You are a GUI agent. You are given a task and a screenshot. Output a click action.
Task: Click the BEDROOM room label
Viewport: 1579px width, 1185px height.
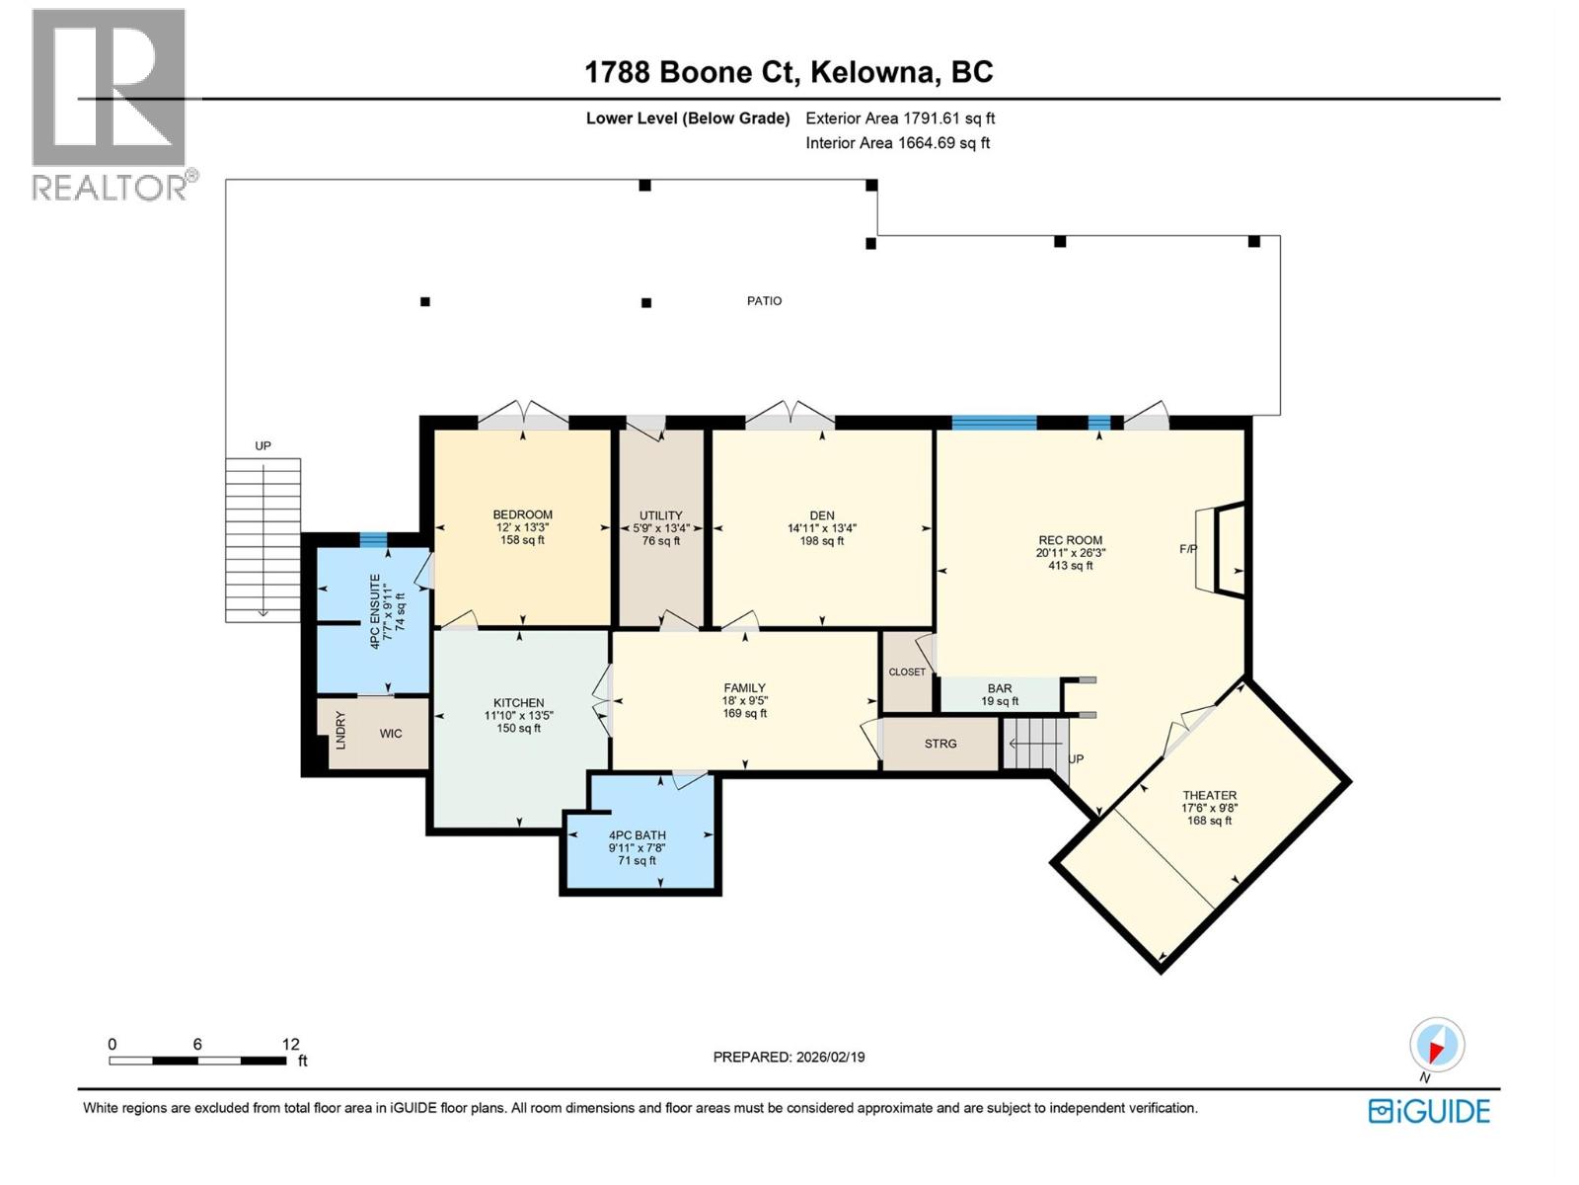pyautogui.click(x=522, y=514)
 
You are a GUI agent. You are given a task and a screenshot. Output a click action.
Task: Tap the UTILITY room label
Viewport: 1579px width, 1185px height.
pyautogui.click(x=660, y=515)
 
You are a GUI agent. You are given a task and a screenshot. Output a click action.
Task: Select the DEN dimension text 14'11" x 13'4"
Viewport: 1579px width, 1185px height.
pyautogui.click(x=821, y=528)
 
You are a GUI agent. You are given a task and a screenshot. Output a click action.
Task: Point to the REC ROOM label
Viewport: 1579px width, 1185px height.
pyautogui.click(x=1070, y=540)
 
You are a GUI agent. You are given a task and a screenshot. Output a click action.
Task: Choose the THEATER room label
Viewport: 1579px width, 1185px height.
pyautogui.click(x=1209, y=795)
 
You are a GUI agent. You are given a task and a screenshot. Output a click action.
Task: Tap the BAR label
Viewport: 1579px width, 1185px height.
pyautogui.click(x=999, y=688)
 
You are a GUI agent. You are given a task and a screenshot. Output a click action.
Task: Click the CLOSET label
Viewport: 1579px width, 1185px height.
pyautogui.click(x=907, y=672)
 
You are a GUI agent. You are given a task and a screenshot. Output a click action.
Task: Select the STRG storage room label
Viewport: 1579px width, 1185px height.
pyautogui.click(x=940, y=744)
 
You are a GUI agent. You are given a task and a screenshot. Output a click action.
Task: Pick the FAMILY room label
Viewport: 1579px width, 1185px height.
pyautogui.click(x=744, y=688)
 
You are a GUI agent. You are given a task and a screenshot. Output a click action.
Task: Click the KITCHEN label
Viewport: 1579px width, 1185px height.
pyautogui.click(x=518, y=703)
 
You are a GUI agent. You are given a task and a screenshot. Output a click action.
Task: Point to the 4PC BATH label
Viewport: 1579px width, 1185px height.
pyautogui.click(x=637, y=835)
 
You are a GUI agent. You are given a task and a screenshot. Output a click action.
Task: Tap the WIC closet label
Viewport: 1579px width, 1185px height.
pyautogui.click(x=391, y=734)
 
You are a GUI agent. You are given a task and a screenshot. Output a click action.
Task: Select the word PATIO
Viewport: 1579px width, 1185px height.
pyautogui.click(x=764, y=301)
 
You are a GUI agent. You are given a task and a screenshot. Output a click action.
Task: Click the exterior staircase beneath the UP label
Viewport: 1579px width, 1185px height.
pyautogui.click(x=263, y=538)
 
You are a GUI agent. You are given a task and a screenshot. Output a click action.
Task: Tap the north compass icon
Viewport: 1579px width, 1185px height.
pyautogui.click(x=1437, y=1045)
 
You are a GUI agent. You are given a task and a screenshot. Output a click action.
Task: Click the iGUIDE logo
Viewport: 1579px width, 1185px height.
pyautogui.click(x=1428, y=1111)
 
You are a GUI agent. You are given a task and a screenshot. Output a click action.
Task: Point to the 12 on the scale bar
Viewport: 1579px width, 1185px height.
pyautogui.click(x=290, y=1044)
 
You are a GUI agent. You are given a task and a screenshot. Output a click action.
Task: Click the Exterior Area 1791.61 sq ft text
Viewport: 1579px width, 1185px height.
pyautogui.click(x=899, y=118)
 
